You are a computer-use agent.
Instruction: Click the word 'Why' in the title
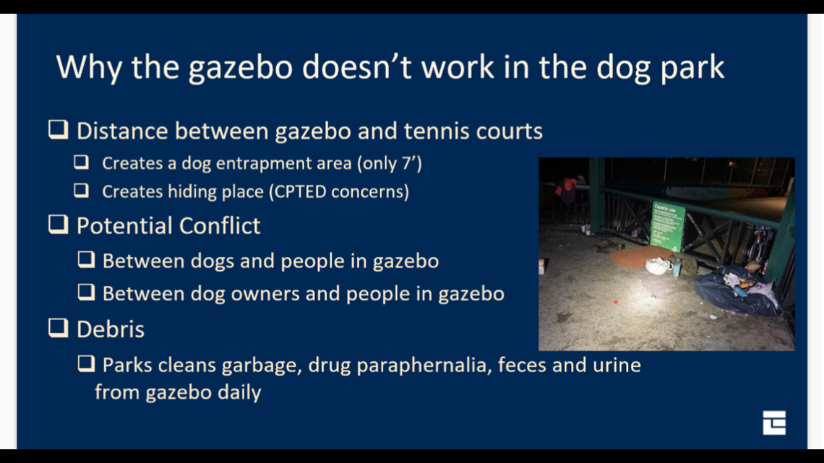point(90,68)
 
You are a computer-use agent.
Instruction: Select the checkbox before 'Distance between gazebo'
point(59,129)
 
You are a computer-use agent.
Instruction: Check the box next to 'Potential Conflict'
point(59,224)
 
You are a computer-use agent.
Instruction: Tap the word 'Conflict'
point(220,226)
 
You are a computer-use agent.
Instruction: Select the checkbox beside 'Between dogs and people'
point(86,259)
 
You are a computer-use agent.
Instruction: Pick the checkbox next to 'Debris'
point(59,327)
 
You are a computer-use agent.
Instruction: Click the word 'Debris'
point(111,329)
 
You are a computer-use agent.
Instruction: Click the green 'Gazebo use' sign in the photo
point(667,225)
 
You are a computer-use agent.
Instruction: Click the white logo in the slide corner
point(774,423)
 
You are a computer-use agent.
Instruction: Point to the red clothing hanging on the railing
point(567,190)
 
